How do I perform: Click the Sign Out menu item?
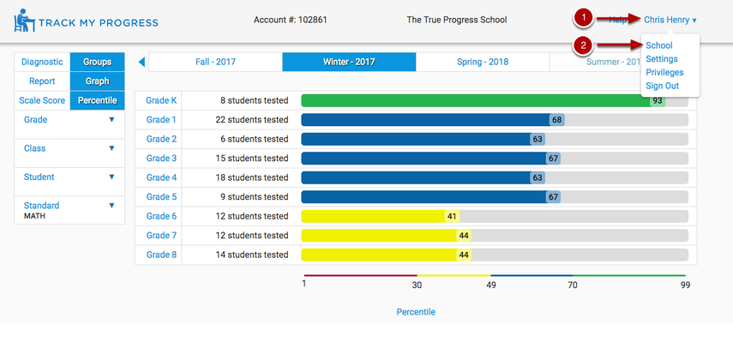(x=662, y=86)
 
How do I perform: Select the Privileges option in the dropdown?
(x=664, y=73)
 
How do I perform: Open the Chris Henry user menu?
(x=670, y=20)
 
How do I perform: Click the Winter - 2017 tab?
(x=349, y=62)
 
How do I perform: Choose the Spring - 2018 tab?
(x=482, y=62)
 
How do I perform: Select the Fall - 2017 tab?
(x=215, y=62)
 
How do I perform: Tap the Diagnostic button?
(x=42, y=62)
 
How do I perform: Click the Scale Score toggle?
(x=42, y=100)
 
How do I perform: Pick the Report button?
(x=42, y=81)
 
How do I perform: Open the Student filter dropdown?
(x=69, y=177)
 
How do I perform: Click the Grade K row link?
(x=161, y=100)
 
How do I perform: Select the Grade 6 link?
(x=161, y=216)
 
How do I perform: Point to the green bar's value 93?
(x=658, y=100)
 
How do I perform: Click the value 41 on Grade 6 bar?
(x=452, y=216)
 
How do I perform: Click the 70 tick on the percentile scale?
(x=573, y=285)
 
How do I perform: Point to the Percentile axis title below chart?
(x=416, y=312)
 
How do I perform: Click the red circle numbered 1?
(x=584, y=17)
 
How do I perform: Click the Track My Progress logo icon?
(x=24, y=21)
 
